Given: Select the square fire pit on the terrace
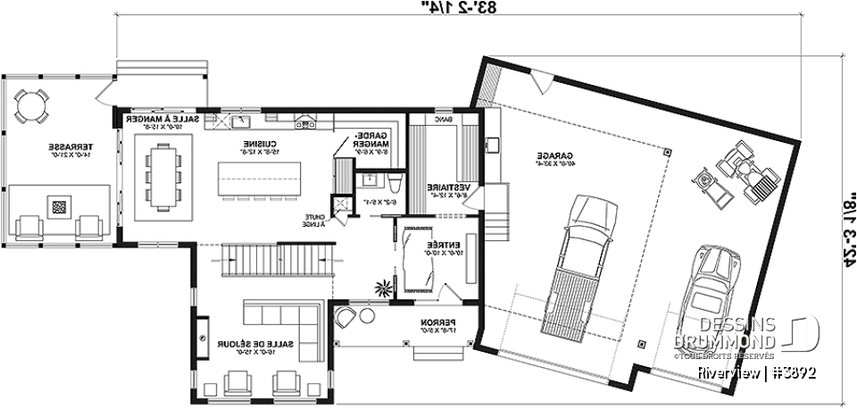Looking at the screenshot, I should pyautogui.click(x=59, y=207).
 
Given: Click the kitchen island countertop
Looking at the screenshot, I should pyautogui.click(x=259, y=177).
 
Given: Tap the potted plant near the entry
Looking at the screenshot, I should pyautogui.click(x=384, y=288).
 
